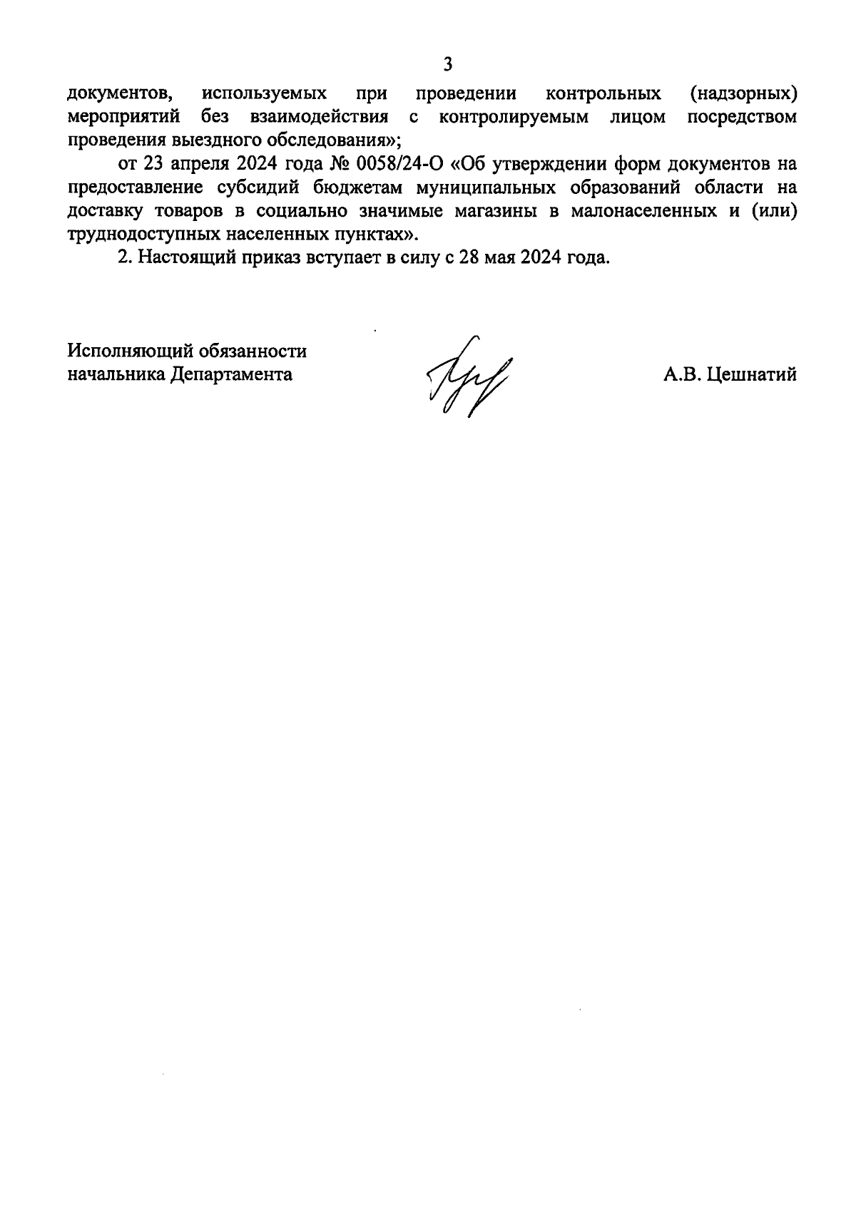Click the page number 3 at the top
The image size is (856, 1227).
point(447,65)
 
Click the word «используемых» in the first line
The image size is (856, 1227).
point(265,93)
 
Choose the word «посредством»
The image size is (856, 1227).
point(742,117)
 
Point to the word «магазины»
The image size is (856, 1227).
point(499,211)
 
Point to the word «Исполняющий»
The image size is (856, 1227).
point(131,351)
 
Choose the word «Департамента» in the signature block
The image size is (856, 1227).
point(231,375)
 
